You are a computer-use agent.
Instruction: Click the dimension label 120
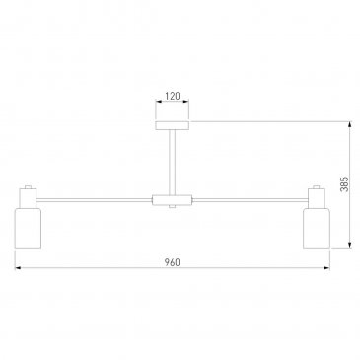click(x=173, y=96)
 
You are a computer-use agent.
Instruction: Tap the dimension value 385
click(x=344, y=184)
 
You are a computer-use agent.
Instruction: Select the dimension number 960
click(x=173, y=262)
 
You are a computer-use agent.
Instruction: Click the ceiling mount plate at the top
click(x=173, y=125)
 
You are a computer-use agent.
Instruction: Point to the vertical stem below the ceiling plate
click(x=173, y=163)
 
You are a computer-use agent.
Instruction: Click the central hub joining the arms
click(x=173, y=200)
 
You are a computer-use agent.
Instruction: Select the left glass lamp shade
click(x=28, y=228)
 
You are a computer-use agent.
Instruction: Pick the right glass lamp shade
click(x=317, y=228)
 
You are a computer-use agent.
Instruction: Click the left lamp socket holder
click(x=28, y=198)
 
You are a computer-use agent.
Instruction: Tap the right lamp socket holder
click(x=317, y=198)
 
